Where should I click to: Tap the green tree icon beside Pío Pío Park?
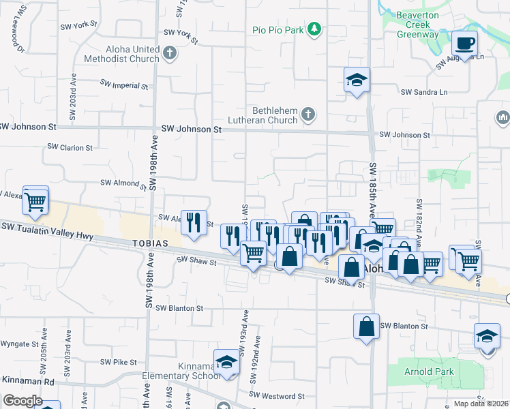314,29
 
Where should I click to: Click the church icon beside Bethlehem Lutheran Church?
308,115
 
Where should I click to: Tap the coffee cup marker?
464,44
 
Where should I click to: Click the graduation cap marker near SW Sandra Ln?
357,80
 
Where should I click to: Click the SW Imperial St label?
124,85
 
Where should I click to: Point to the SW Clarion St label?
70,147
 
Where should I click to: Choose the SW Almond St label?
123,183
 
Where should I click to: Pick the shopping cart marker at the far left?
35,200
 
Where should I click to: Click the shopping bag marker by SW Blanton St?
366,326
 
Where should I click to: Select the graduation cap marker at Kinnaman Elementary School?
227,362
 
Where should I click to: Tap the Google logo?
22,401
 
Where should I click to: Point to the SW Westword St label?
276,395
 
